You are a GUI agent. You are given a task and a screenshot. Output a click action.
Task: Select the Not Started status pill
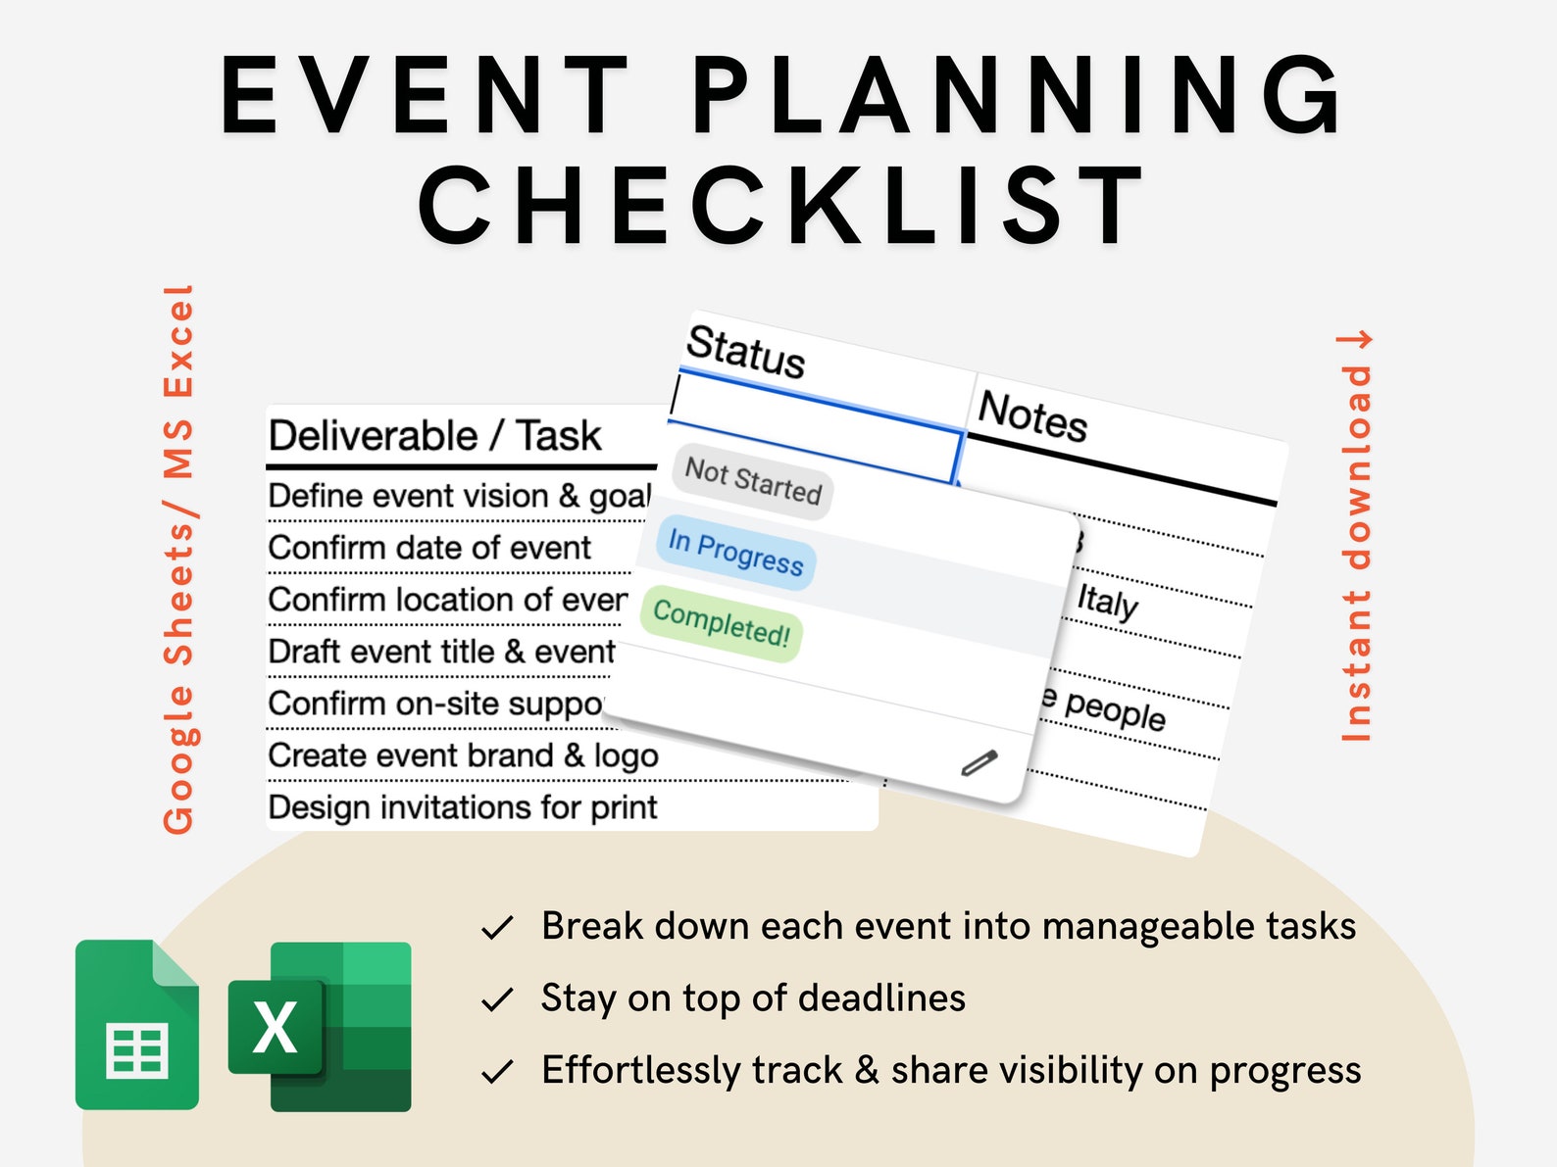tap(752, 481)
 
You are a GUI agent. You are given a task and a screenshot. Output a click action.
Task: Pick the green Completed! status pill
tap(722, 623)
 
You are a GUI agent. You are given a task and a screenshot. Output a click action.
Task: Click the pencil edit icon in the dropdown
tap(979, 762)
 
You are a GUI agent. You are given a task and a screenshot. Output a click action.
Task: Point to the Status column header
tap(745, 351)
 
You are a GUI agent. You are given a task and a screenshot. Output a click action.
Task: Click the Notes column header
tap(1032, 416)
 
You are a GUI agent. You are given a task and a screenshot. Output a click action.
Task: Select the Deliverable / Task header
tap(434, 436)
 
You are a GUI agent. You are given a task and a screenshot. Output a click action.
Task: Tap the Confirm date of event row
tap(429, 548)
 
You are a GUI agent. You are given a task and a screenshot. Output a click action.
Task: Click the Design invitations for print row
tap(462, 807)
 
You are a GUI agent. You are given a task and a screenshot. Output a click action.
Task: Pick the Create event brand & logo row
tap(463, 755)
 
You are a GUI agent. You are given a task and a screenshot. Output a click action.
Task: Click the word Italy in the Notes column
tap(1107, 601)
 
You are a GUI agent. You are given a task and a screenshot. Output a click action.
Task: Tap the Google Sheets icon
tap(137, 1024)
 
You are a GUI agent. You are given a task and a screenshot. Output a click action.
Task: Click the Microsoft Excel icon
tap(320, 1026)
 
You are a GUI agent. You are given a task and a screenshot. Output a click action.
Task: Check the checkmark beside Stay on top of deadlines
tap(498, 999)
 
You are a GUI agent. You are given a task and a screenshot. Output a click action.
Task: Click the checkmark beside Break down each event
tap(498, 927)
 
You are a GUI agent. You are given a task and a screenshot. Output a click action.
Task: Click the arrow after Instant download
tap(1355, 340)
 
